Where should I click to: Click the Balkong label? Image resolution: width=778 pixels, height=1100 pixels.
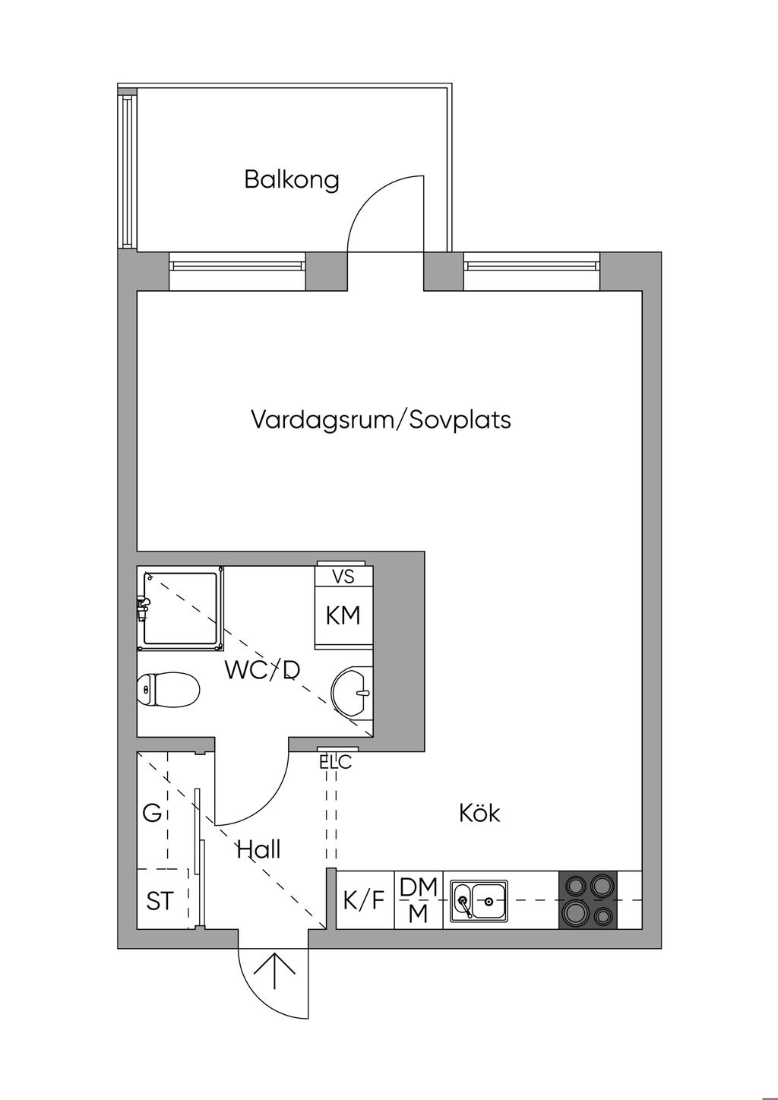[x=291, y=180]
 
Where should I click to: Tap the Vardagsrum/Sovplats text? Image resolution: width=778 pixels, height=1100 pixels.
[x=381, y=420]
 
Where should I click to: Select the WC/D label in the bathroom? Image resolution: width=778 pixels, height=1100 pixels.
[x=262, y=670]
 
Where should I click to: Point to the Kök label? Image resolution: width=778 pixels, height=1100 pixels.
[x=480, y=813]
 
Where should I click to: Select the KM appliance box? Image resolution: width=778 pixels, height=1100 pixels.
[x=343, y=616]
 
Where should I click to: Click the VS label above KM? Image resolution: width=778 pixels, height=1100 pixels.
[x=343, y=576]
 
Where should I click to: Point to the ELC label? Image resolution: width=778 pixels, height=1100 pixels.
[x=336, y=762]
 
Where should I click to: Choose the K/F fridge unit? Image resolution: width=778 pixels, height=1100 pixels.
[x=365, y=899]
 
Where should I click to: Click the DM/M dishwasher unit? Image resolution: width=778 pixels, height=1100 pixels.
[x=419, y=899]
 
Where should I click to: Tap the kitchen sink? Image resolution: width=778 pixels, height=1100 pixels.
[x=479, y=899]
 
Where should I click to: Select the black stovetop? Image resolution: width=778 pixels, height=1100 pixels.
[x=588, y=899]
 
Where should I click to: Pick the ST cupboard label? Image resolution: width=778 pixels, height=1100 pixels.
[x=160, y=901]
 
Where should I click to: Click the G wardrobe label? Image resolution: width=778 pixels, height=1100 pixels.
[x=152, y=813]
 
